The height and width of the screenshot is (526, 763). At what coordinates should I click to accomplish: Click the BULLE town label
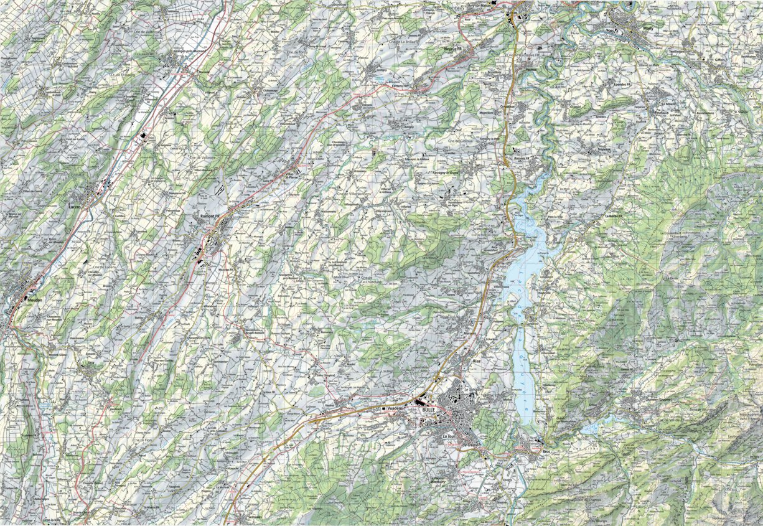pos(428,411)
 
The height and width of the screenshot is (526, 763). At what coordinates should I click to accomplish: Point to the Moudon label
pos(35,299)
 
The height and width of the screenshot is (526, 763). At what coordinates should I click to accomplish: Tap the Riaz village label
pos(478,360)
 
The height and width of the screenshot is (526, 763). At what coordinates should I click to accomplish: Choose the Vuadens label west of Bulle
pos(395,407)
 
